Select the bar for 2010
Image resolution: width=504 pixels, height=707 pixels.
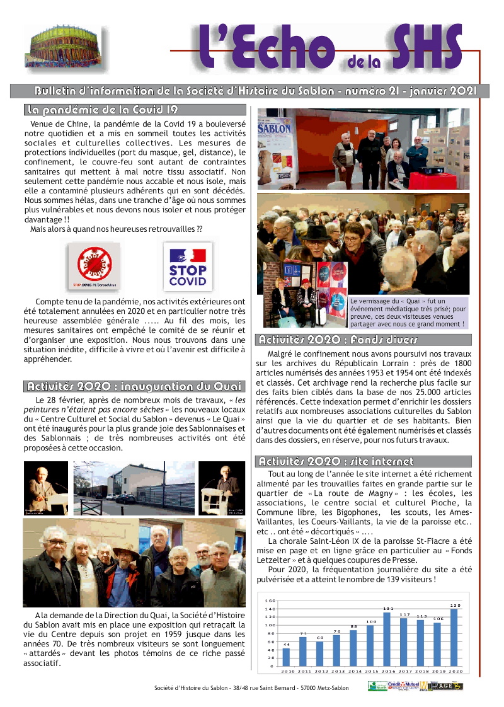[287, 657]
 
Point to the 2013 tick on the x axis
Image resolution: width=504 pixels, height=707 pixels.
[336, 672]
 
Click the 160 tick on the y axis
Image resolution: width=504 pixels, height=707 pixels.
[270, 600]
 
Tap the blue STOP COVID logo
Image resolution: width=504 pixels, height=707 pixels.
[188, 266]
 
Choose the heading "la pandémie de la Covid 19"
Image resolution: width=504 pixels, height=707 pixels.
[102, 110]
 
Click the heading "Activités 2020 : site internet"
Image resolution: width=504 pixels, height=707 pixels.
[336, 462]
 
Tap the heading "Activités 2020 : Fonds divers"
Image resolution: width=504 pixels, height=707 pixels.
[338, 340]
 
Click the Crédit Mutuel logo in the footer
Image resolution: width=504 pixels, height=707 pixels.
[403, 686]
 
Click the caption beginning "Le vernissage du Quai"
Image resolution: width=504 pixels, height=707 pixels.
[408, 313]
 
